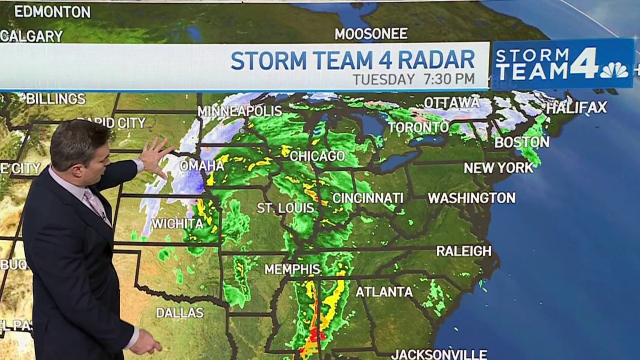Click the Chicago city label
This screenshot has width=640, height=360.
click(317, 156)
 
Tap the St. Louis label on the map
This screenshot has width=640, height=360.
click(285, 208)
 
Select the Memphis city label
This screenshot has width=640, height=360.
click(293, 269)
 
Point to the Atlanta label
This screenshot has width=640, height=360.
click(384, 292)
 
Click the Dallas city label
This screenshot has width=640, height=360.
click(180, 313)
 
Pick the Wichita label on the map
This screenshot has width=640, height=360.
click(177, 223)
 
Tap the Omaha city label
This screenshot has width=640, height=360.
click(202, 165)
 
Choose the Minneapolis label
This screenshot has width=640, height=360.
click(239, 111)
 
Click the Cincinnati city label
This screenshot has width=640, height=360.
click(368, 198)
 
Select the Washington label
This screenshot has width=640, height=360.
click(471, 198)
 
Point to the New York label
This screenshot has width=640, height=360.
click(498, 167)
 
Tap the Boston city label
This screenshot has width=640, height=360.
click(522, 142)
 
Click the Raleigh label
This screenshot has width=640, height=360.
click(464, 251)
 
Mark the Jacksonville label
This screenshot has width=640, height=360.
click(439, 354)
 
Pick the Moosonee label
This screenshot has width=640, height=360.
click(371, 34)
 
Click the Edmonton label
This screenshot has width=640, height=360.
click(52, 11)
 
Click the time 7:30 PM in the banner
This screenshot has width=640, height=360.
click(449, 79)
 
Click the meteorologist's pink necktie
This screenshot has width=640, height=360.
click(94, 202)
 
